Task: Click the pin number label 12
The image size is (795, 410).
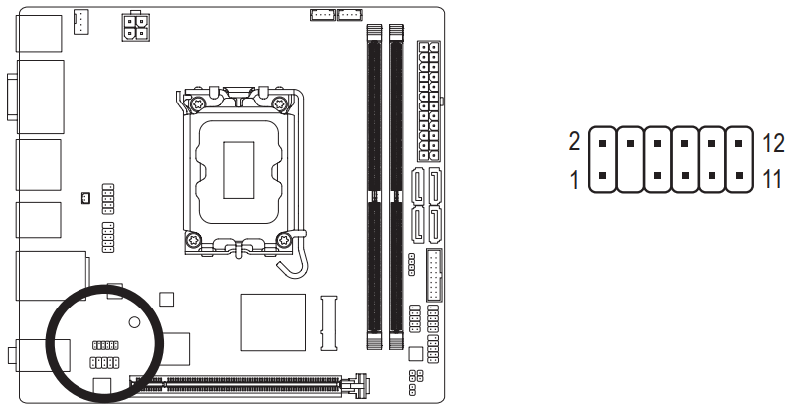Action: pyautogui.click(x=773, y=142)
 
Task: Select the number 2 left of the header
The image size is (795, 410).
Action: pyautogui.click(x=574, y=142)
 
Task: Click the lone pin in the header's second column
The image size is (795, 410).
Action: pyautogui.click(x=630, y=142)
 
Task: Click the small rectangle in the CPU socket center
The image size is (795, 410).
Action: pyautogui.click(x=238, y=169)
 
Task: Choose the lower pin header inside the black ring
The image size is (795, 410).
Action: pyautogui.click(x=104, y=362)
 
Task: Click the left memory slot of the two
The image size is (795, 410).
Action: pyautogui.click(x=372, y=184)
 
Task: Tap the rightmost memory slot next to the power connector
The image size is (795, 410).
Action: pyautogui.click(x=396, y=184)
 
